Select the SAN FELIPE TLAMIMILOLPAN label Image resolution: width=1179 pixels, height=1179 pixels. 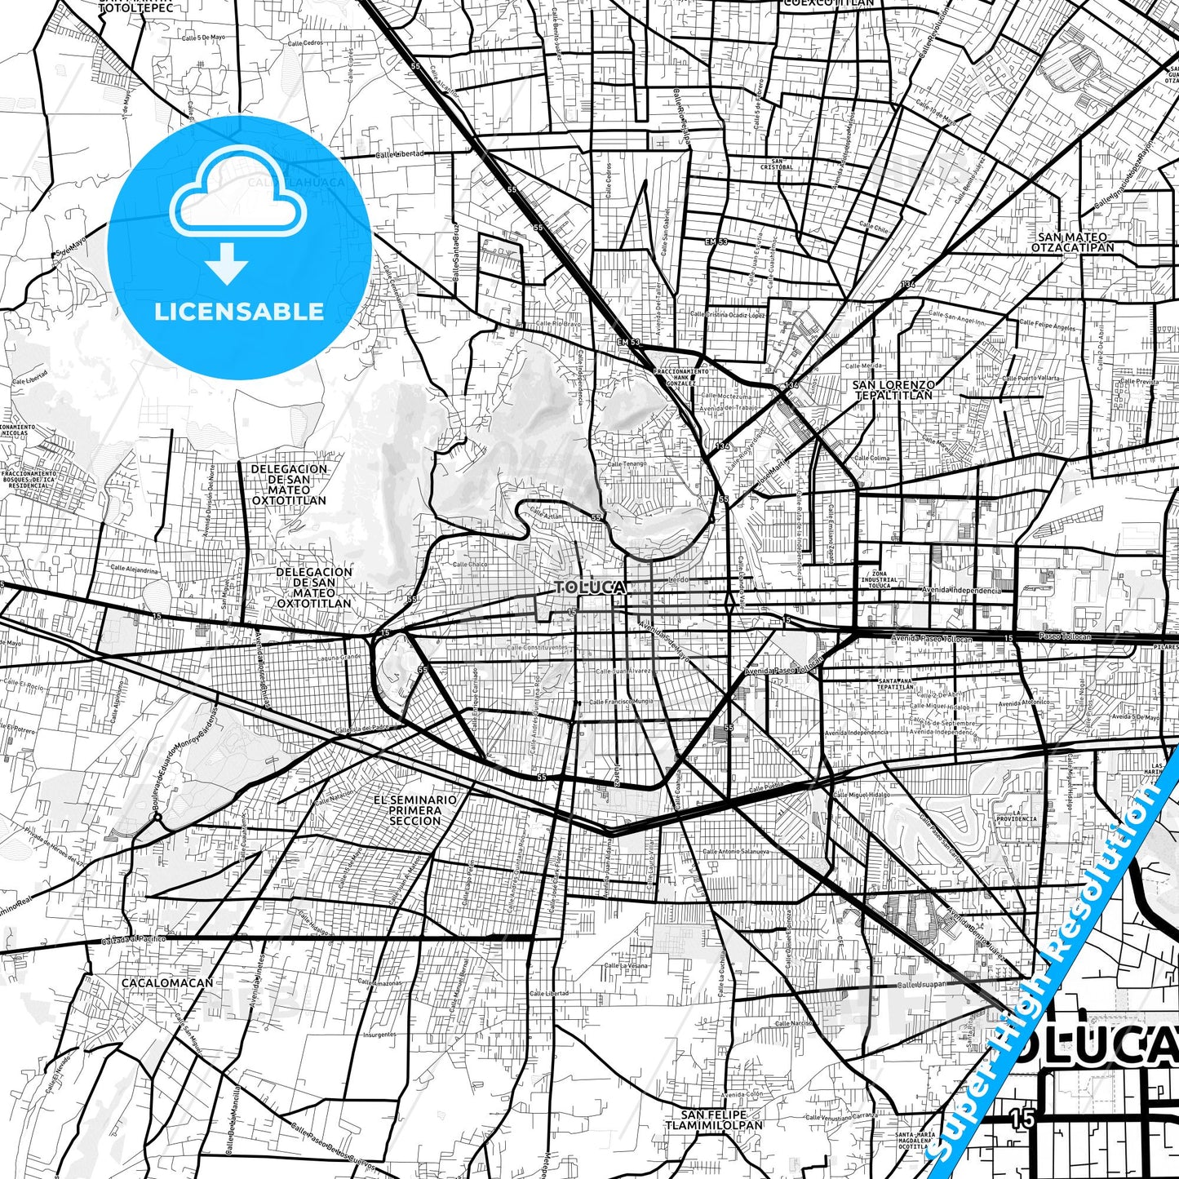coord(714,1119)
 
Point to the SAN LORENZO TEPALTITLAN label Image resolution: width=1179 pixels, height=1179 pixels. coord(893,390)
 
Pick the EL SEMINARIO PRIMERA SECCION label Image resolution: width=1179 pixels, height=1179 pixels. coord(414,810)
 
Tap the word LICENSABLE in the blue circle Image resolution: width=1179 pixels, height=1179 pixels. coord(239,312)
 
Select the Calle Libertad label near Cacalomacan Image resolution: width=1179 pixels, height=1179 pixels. coord(549,994)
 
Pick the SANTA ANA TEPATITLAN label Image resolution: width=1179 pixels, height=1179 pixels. coord(895,684)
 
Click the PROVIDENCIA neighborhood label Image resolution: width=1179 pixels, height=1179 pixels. coord(1017,818)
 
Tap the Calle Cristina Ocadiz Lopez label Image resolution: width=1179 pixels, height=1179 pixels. coord(728,314)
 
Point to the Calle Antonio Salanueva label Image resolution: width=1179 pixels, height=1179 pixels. coord(736,851)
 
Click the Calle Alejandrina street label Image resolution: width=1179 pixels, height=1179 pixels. coord(134,570)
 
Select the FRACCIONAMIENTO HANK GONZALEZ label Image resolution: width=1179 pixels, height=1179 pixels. coord(681,377)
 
